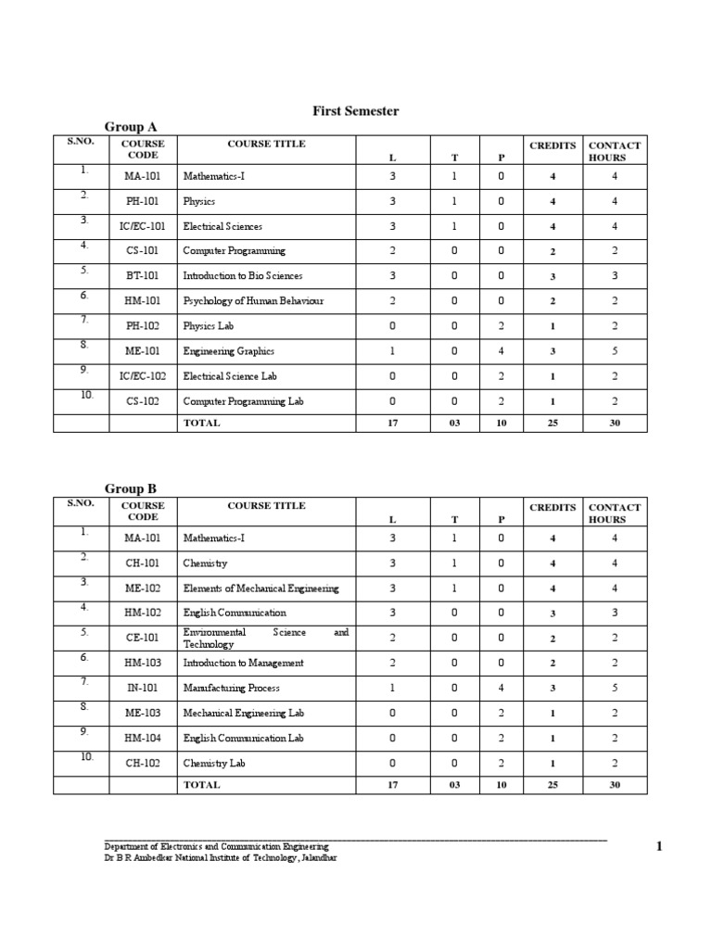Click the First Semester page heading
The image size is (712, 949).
356,111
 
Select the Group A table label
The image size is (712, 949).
131,127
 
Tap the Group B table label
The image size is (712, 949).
131,488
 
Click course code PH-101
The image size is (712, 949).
144,201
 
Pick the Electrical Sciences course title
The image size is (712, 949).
222,226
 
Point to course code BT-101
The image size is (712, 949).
144,276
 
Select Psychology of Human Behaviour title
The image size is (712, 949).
253,301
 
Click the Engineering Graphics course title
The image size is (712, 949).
229,351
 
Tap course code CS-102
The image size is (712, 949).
144,401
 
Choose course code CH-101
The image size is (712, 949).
144,563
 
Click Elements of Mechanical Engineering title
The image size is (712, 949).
261,588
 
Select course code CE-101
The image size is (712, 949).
144,638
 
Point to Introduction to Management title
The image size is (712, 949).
243,663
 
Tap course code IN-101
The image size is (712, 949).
144,688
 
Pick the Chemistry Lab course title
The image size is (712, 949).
214,763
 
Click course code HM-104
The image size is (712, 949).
144,738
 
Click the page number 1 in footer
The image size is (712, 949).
659,846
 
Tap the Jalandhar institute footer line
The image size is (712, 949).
221,858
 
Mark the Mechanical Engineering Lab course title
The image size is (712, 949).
243,713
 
